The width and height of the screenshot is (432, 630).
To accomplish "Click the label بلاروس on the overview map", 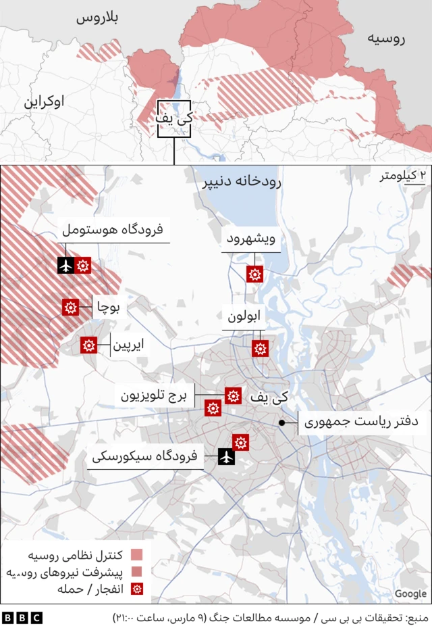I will coord(97,18).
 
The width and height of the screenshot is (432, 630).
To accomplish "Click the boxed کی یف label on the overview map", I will coord(173,118).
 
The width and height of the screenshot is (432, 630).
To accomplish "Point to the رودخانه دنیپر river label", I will coord(241,183).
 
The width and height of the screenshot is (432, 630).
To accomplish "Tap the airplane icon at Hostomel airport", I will coord(65,265).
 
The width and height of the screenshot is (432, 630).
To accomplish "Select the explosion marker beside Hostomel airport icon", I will coord(83,265).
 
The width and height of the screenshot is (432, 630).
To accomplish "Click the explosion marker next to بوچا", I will coord(70,307).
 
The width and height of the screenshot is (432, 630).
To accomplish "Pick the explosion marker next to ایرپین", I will coord(88,345).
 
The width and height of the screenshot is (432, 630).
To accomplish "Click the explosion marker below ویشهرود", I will coord(254,274).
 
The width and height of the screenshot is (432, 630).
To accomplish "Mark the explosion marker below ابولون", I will coord(260,348).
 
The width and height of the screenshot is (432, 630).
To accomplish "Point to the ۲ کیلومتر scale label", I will coord(403,176).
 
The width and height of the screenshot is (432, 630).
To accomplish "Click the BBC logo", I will coord(22,617).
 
